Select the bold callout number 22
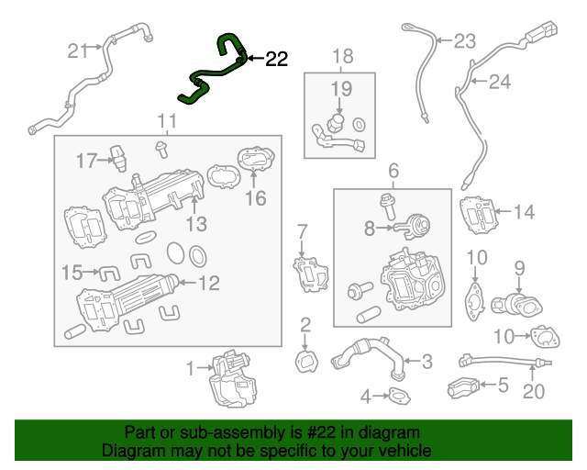click(x=276, y=61)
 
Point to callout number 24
click(x=498, y=83)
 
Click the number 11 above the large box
click(x=166, y=121)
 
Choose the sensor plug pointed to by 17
click(x=117, y=155)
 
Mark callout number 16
click(x=254, y=198)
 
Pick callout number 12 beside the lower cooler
click(x=209, y=284)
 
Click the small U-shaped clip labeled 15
click(x=109, y=272)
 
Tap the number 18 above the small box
click(x=341, y=58)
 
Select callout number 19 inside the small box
click(x=341, y=89)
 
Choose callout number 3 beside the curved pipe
click(x=426, y=361)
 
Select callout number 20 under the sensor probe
click(x=533, y=392)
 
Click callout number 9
click(x=518, y=268)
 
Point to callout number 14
click(x=523, y=213)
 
